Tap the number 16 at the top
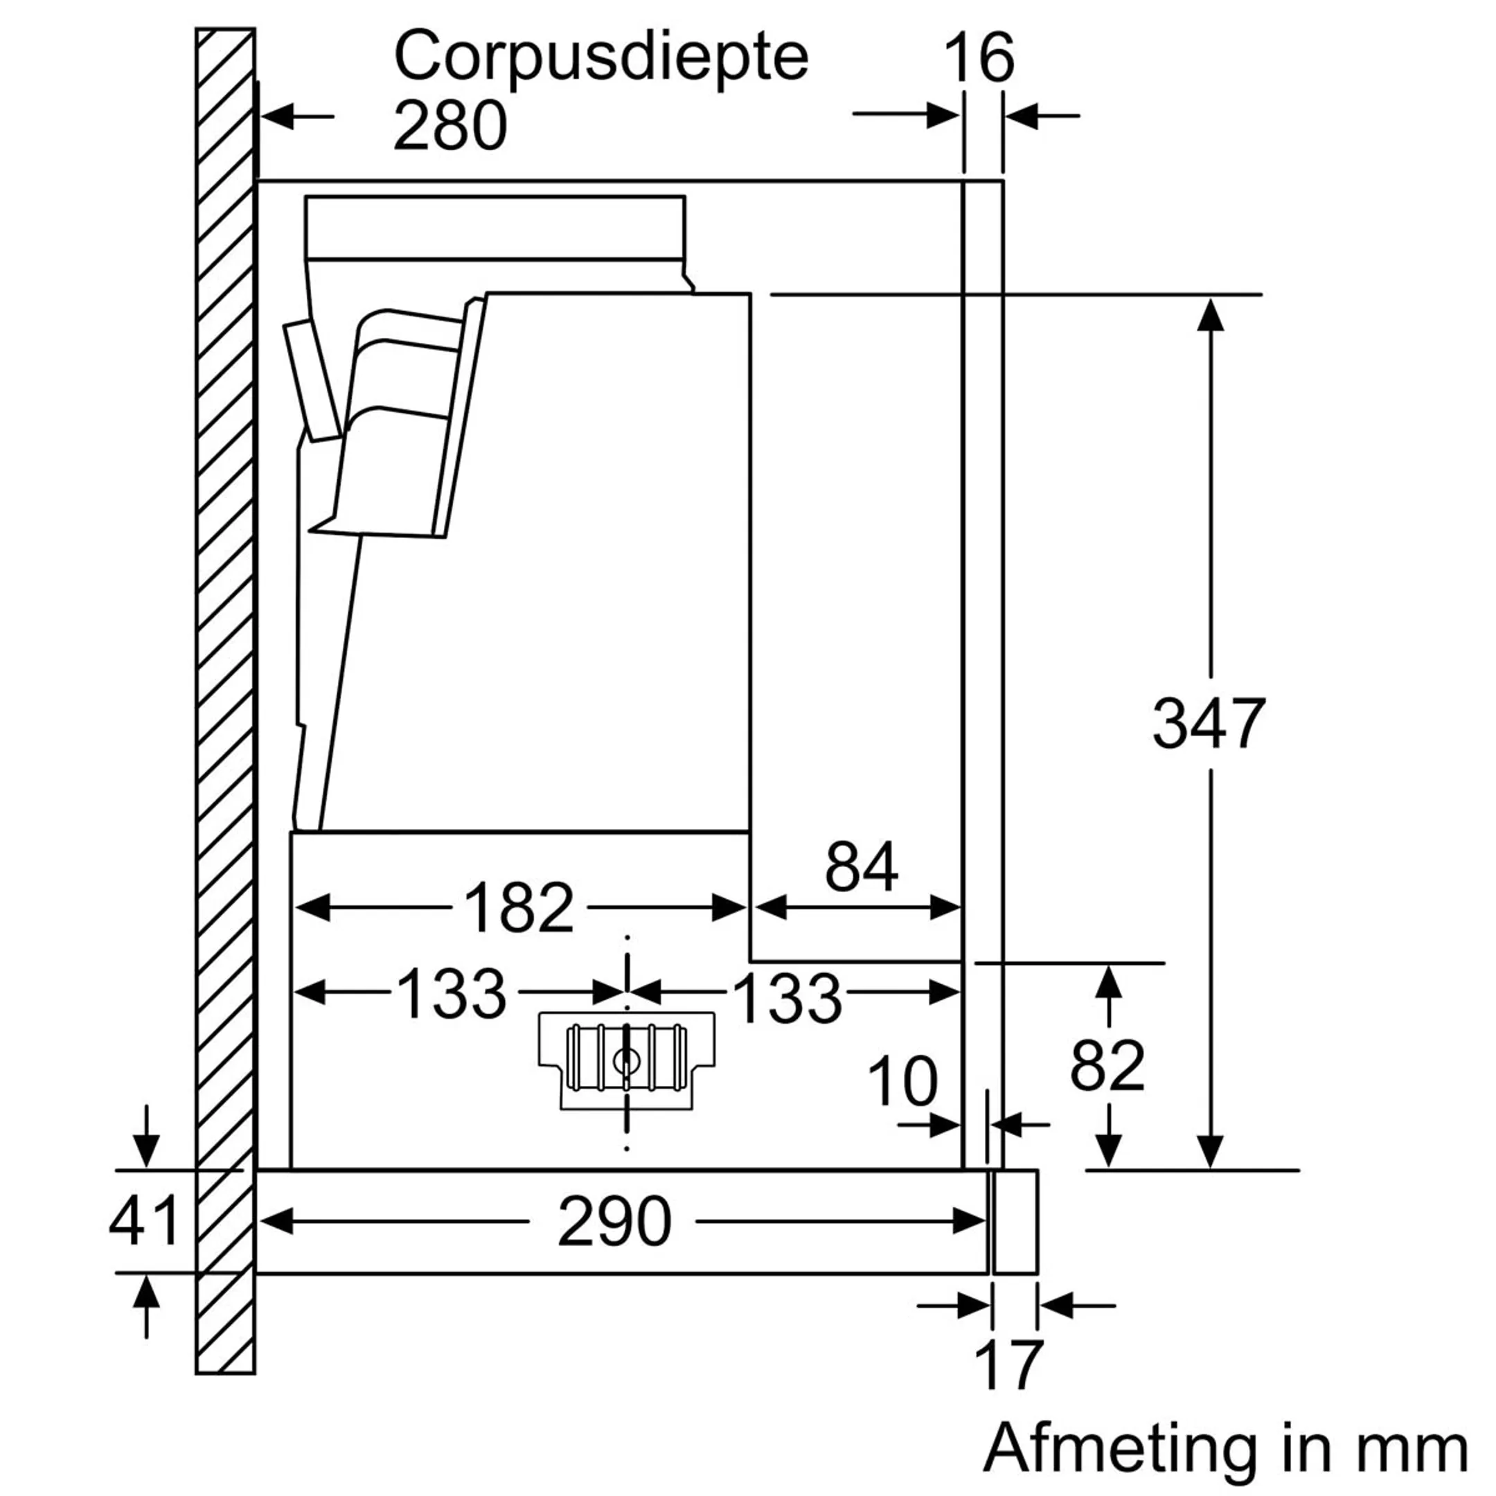[979, 58]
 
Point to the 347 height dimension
[1208, 723]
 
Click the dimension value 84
[861, 867]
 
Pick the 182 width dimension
[519, 907]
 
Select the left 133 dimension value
[452, 993]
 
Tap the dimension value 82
[1107, 1067]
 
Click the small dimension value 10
[902, 1081]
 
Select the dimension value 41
[144, 1221]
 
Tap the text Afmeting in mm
[1225, 1446]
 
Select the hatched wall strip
[225, 697]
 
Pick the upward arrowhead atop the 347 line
[1209, 313]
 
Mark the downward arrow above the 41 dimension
[146, 1146]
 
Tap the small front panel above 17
[1015, 1222]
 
